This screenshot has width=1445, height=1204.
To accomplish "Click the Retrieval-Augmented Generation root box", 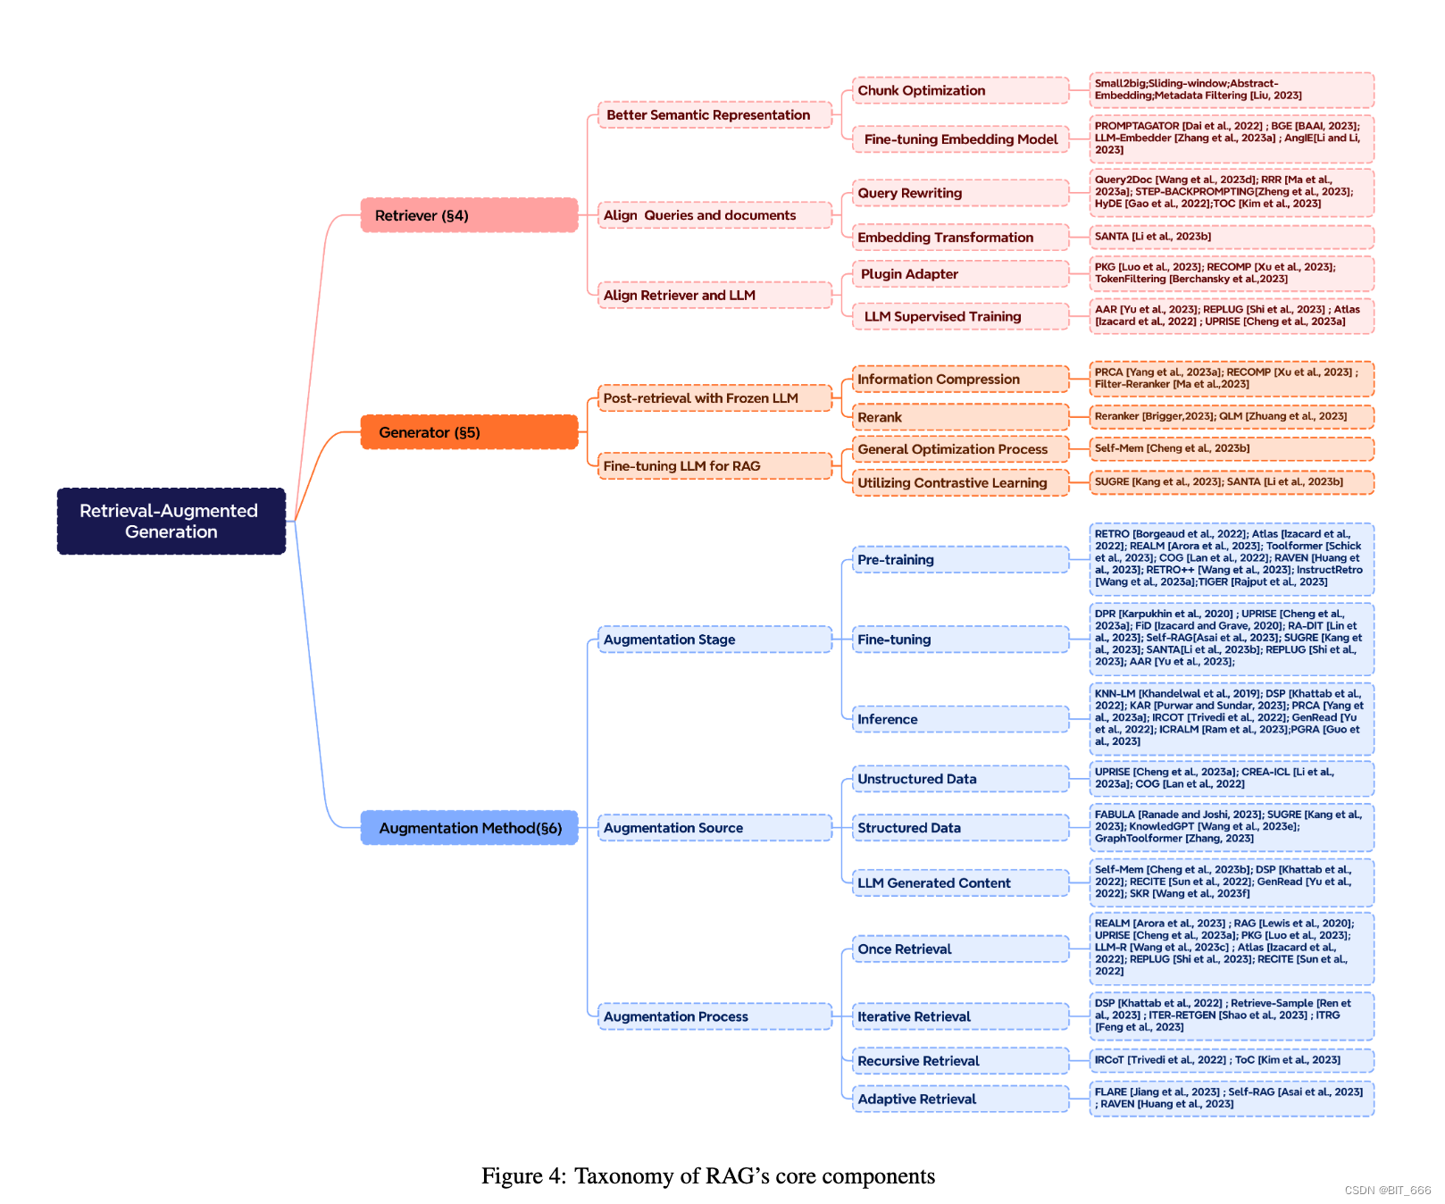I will tap(171, 521).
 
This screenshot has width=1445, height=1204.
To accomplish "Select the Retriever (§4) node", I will tap(469, 215).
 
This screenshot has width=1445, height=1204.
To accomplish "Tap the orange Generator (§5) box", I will tap(469, 432).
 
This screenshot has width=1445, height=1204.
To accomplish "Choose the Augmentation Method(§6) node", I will tap(469, 828).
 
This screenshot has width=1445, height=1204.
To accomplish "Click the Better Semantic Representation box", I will tap(714, 115).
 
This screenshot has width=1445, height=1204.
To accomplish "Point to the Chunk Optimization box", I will tap(960, 90).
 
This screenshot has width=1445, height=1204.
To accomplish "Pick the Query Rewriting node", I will tap(960, 193).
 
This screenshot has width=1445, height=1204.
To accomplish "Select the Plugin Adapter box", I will tap(960, 274).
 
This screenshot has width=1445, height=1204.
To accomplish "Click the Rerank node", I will tap(960, 417).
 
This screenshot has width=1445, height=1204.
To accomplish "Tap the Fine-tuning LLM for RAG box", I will tap(714, 465).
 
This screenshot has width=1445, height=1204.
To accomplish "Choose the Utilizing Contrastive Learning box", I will tap(960, 482).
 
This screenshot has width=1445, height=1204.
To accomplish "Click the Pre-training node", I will tap(960, 560).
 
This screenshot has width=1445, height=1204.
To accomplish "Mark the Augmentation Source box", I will tap(714, 828).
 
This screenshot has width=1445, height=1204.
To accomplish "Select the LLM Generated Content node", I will tap(960, 883).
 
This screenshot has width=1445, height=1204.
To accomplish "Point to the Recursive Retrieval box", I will tap(960, 1061).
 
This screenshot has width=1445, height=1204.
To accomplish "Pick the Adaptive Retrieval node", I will tap(960, 1099).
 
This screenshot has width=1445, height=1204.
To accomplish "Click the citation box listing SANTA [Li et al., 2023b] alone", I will tap(1232, 237).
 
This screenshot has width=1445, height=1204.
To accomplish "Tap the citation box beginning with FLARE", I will tap(1232, 1099).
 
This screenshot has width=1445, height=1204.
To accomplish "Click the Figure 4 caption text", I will tap(708, 1175).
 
